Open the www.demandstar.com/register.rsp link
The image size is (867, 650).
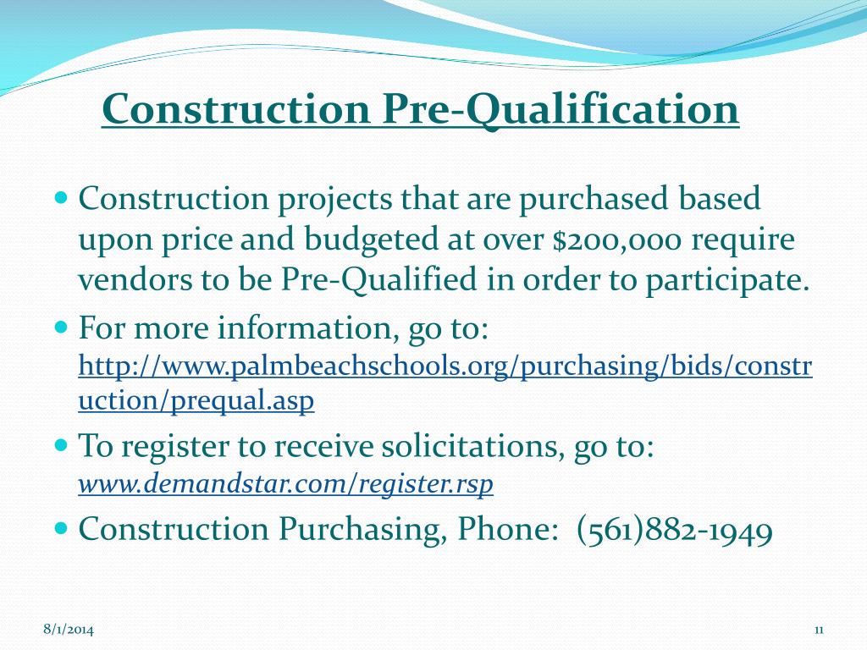[285, 484]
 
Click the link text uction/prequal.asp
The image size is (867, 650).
[196, 400]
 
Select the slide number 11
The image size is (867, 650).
[819, 629]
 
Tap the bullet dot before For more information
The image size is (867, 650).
[60, 326]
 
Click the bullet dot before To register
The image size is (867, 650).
[60, 444]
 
